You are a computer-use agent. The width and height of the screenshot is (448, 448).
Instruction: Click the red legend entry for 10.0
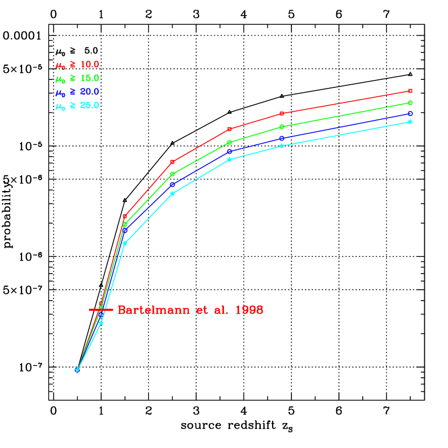click(77, 65)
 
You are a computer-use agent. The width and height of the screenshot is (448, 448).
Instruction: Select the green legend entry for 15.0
click(77, 78)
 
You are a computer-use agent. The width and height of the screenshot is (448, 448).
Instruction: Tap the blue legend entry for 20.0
click(77, 92)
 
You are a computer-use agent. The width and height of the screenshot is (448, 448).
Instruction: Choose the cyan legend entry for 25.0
click(77, 105)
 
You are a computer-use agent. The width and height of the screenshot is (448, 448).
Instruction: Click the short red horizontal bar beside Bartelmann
click(101, 310)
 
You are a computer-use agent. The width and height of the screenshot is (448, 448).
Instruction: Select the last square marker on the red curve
click(410, 91)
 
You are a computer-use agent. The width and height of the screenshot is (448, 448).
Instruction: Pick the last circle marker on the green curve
click(410, 103)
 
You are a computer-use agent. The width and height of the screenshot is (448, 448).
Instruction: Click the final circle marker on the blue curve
click(410, 113)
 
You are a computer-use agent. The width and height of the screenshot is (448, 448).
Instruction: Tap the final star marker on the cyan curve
click(410, 121)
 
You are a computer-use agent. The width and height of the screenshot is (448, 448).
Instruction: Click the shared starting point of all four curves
click(77, 370)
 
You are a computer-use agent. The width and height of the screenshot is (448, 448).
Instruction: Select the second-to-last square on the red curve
click(282, 113)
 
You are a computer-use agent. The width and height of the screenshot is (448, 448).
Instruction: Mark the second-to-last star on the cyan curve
click(282, 146)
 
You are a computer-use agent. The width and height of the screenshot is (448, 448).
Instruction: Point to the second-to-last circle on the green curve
click(282, 126)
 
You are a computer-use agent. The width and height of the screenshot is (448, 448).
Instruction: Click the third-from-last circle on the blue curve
click(229, 151)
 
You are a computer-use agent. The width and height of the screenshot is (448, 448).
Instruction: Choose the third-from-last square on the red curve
click(229, 129)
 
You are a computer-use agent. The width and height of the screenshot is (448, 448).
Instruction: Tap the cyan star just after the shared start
click(101, 323)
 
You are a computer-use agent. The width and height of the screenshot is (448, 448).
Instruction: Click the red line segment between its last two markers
click(345, 102)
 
